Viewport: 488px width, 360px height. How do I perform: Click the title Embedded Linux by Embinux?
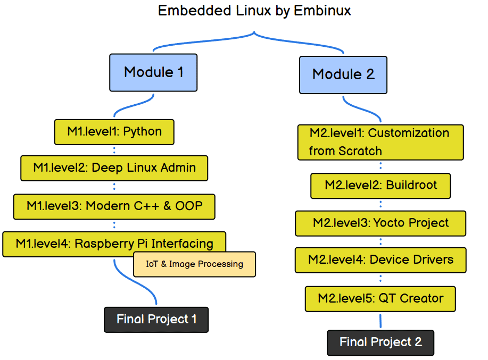tap(254, 11)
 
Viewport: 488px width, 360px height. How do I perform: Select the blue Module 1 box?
tap(153, 72)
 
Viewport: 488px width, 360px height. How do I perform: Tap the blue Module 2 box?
tap(343, 74)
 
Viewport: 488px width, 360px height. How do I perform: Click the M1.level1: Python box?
tap(114, 131)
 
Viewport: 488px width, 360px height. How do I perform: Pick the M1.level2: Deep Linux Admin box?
tap(114, 168)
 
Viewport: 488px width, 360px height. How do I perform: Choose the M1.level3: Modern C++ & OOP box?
tap(114, 206)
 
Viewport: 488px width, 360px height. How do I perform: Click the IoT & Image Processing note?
tap(194, 264)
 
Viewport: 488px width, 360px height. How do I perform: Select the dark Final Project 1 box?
tap(156, 320)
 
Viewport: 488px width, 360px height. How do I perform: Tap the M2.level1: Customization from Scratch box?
tap(380, 142)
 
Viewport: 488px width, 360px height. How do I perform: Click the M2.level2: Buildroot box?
tap(381, 186)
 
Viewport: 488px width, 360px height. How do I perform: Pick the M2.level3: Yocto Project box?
tap(381, 223)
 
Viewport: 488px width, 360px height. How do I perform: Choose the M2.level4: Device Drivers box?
tap(381, 260)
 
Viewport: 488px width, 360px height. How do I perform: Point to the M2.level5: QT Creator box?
tap(380, 298)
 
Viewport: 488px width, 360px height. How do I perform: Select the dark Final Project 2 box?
tap(381, 342)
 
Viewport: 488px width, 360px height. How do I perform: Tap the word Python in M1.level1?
tap(143, 131)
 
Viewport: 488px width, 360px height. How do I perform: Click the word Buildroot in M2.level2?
tap(411, 186)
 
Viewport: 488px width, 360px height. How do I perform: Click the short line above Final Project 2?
tap(381, 321)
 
